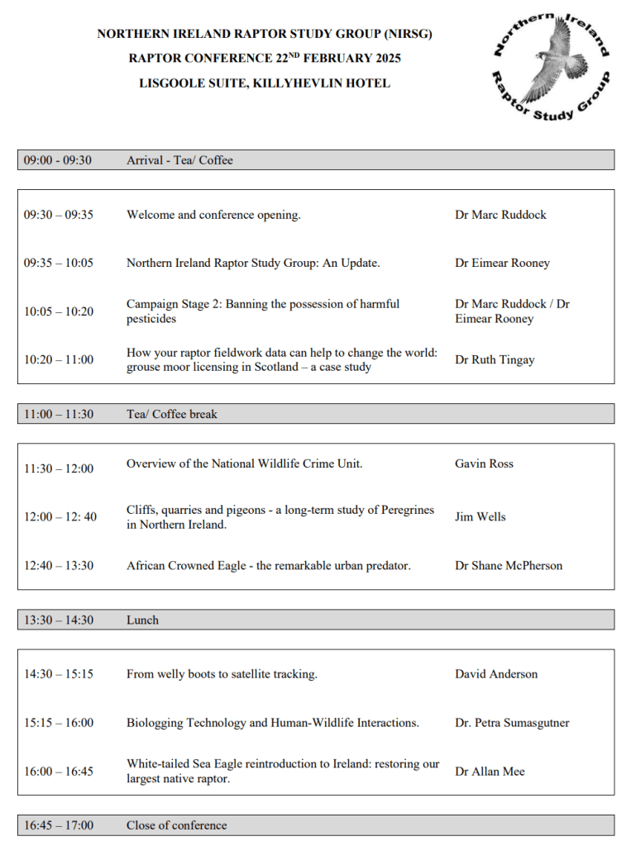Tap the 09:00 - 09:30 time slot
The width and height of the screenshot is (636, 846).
(58, 160)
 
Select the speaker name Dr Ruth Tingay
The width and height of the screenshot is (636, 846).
(495, 359)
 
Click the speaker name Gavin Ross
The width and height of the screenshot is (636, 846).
(484, 463)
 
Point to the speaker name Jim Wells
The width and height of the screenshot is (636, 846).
(480, 516)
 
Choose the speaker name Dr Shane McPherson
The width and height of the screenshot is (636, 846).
(508, 566)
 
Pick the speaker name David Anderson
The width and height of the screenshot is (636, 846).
(495, 674)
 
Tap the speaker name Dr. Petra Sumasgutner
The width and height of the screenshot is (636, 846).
(511, 723)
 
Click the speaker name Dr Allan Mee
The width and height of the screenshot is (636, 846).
(490, 772)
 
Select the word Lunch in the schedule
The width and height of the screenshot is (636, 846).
(142, 620)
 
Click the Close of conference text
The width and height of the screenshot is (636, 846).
(176, 825)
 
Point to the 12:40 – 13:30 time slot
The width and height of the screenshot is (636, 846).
(59, 566)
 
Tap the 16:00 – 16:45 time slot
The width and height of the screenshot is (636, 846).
(59, 772)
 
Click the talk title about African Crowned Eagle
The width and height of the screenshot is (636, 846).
(268, 566)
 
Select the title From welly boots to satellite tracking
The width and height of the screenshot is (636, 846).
(222, 674)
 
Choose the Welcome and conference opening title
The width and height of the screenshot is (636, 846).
(213, 215)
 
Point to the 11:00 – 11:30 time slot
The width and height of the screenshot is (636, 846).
(59, 414)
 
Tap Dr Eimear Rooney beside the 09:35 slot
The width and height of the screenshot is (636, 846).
(502, 263)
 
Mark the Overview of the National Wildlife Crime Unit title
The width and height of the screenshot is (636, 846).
(244, 463)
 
